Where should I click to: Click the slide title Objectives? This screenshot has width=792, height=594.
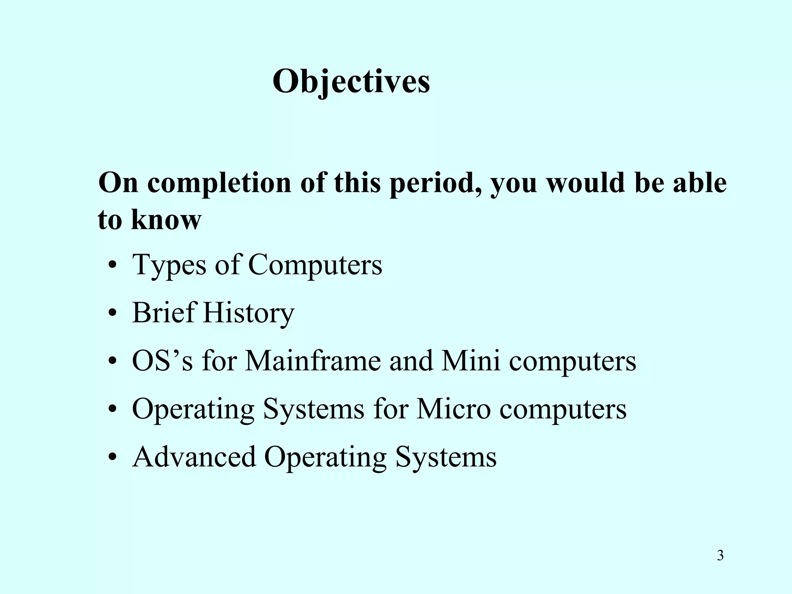(x=351, y=82)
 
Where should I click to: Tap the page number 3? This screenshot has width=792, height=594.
(x=720, y=556)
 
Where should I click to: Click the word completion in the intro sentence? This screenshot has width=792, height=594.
(x=219, y=183)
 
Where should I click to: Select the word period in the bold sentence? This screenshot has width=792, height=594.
(x=437, y=183)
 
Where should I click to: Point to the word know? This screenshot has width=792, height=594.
(x=166, y=220)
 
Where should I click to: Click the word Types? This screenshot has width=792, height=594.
(x=169, y=265)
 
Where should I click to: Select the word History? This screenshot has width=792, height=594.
(x=248, y=313)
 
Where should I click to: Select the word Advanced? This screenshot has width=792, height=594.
(x=194, y=457)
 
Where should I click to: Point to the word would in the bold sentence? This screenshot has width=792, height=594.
(x=585, y=183)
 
